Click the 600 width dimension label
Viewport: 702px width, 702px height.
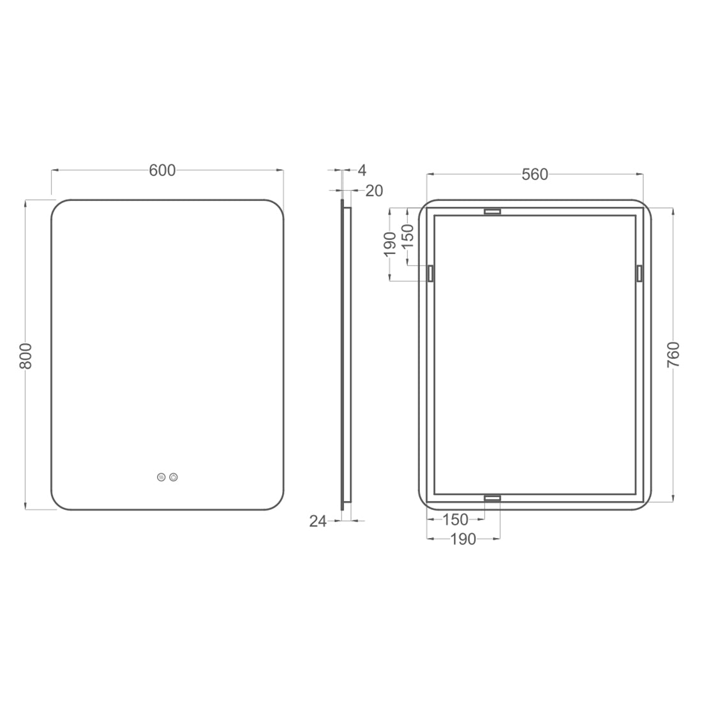(x=162, y=170)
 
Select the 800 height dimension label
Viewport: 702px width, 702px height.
(x=26, y=355)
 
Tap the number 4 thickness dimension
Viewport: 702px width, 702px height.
(x=362, y=170)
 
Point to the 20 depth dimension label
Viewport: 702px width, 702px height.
(x=374, y=190)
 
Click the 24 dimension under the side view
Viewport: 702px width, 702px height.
(x=318, y=521)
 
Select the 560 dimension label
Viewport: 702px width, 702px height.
(x=535, y=174)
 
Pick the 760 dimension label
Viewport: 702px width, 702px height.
(x=673, y=355)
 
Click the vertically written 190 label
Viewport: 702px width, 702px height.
(x=391, y=244)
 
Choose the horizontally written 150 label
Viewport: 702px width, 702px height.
(x=455, y=519)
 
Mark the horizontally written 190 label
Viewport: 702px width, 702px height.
(x=463, y=539)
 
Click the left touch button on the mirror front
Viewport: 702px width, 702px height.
(x=161, y=477)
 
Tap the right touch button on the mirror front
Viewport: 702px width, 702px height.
(x=174, y=477)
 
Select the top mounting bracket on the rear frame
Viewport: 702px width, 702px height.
(x=492, y=211)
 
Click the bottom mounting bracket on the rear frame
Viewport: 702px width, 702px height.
(x=492, y=497)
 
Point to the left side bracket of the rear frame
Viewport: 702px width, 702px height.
(x=431, y=273)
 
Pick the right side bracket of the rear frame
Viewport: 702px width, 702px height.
(x=638, y=273)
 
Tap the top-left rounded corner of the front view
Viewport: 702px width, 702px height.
(x=59, y=207)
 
